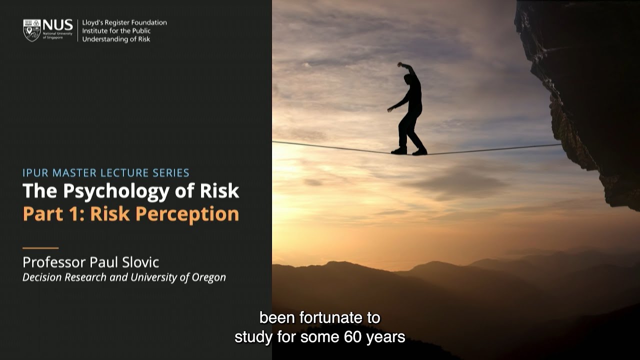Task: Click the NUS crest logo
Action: (x=32, y=30)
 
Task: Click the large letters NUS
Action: (x=57, y=25)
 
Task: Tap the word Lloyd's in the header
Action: (x=93, y=22)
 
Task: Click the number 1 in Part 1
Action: (x=74, y=214)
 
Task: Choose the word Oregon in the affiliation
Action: (x=209, y=277)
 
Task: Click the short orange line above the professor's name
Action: (x=40, y=248)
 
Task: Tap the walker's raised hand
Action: (x=400, y=64)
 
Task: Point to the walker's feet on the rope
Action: (x=409, y=151)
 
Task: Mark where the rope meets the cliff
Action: (x=561, y=145)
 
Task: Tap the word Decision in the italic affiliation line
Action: (x=43, y=277)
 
